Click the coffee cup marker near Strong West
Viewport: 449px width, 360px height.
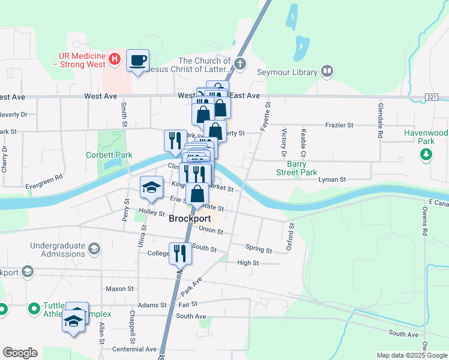pyautogui.click(x=138, y=61)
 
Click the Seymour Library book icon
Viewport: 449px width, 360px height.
pyautogui.click(x=327, y=72)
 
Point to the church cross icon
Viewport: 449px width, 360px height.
pyautogui.click(x=240, y=64)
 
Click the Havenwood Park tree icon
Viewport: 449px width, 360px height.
pyautogui.click(x=426, y=155)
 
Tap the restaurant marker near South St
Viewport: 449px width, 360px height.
pyautogui.click(x=179, y=254)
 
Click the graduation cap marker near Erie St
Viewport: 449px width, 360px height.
pyautogui.click(x=151, y=188)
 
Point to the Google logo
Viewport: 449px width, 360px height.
pyautogui.click(x=20, y=353)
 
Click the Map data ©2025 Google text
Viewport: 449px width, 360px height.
pyautogui.click(x=411, y=355)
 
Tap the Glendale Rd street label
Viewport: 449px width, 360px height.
pyautogui.click(x=380, y=121)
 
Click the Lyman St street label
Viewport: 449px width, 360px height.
pyautogui.click(x=333, y=179)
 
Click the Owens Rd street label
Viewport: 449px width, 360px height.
pyautogui.click(x=424, y=221)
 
